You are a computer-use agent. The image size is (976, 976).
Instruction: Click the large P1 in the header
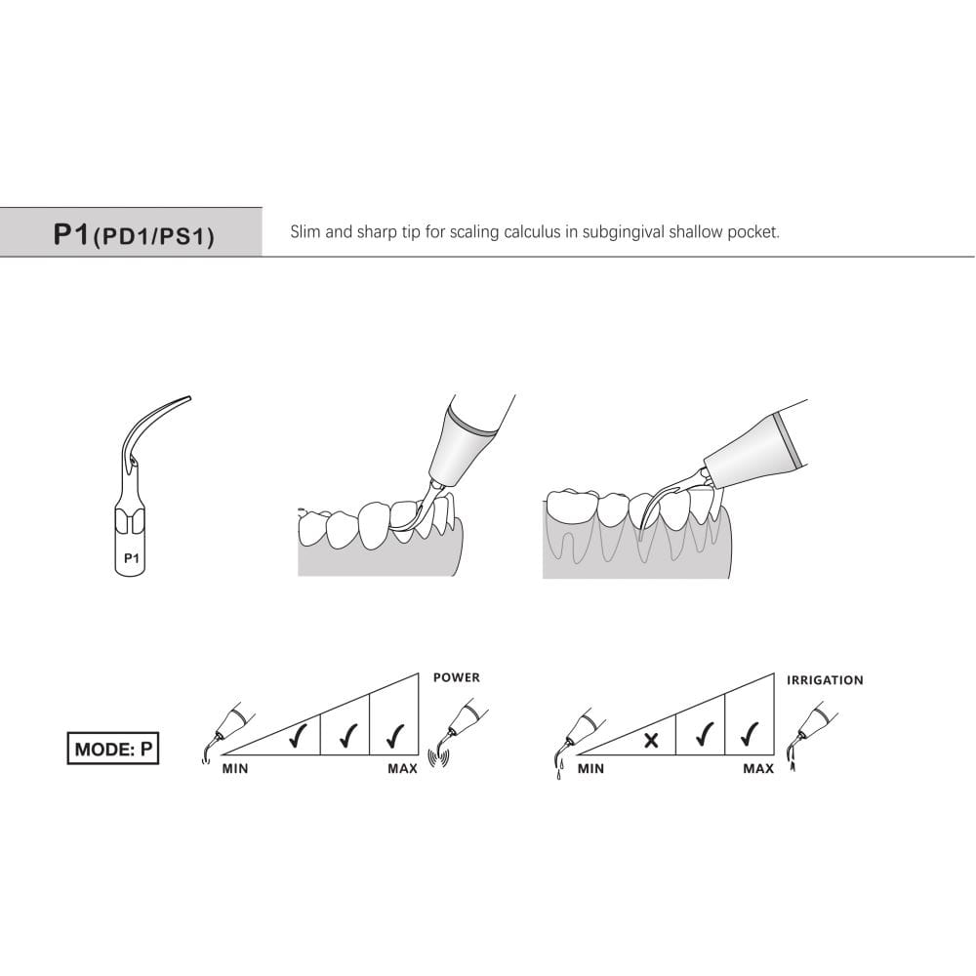coord(72,234)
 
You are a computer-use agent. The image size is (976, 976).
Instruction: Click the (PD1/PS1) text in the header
coord(154,237)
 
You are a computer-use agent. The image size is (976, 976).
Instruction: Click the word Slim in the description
coord(305,232)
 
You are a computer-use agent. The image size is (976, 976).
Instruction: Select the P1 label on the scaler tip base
coord(132,558)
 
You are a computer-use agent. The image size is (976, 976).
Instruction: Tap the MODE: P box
coord(113,749)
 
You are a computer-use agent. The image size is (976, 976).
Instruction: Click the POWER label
coord(457,677)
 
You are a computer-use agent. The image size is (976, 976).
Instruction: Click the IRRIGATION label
coord(825,680)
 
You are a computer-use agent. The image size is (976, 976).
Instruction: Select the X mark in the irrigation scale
coord(651,740)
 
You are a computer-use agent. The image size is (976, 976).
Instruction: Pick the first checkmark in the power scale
coord(298,736)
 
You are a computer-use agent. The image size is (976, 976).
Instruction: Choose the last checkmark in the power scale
coord(395,736)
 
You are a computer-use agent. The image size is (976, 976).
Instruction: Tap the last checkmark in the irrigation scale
coord(750,735)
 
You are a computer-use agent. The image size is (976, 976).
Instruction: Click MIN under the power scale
coord(235,769)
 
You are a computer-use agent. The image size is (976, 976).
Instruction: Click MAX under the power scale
coord(403,769)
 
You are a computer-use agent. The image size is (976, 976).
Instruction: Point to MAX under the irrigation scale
coord(758,769)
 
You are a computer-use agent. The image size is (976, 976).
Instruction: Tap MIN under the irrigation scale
coord(590,769)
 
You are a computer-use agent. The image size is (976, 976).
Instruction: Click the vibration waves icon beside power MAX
coord(439,758)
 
